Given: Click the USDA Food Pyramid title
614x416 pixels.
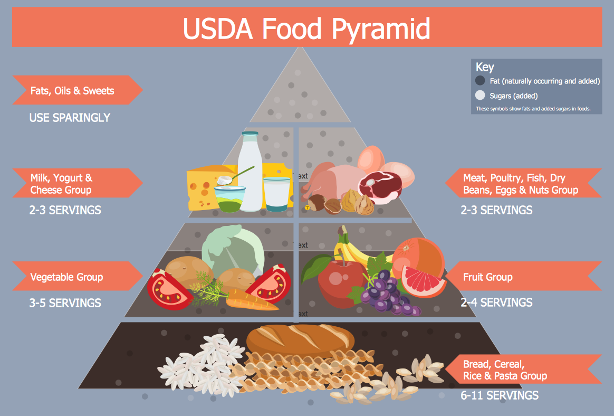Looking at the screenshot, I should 306,29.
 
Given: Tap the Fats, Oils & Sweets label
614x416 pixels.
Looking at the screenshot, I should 72,91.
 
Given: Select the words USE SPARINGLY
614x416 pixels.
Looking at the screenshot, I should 70,118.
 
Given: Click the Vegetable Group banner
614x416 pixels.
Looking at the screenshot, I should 67,277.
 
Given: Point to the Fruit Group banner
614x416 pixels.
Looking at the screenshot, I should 488,277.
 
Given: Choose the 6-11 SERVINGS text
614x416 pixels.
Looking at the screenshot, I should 500,395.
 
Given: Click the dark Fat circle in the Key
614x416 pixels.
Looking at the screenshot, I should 480,81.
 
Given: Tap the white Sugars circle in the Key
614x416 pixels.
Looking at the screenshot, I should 480,96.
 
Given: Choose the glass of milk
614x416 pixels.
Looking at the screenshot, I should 277,194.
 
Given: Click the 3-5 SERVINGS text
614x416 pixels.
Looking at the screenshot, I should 65,303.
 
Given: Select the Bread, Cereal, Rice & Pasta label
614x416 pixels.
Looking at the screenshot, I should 505,370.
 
